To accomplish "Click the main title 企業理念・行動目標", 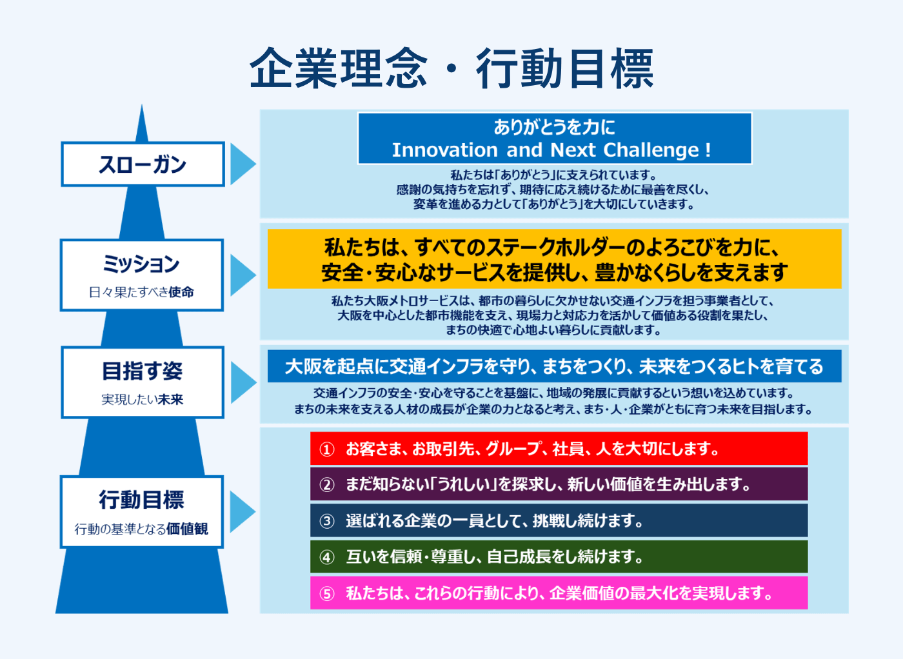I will pyautogui.click(x=451, y=68).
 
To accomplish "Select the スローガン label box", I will pyautogui.click(x=143, y=164).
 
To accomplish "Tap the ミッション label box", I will pyautogui.click(x=142, y=275).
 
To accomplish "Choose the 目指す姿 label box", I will pyautogui.click(x=143, y=382).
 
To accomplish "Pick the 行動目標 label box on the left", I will pyautogui.click(x=142, y=512).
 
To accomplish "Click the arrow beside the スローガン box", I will pyautogui.click(x=242, y=164).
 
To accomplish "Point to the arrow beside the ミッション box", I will pyautogui.click(x=242, y=275).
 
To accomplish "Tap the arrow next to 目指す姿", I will pyautogui.click(x=242, y=382).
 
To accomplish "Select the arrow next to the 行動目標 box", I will pyautogui.click(x=242, y=512).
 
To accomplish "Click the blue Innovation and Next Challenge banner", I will pyautogui.click(x=555, y=138).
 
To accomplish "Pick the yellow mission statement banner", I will pyautogui.click(x=555, y=259).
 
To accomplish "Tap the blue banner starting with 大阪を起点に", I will pyautogui.click(x=555, y=366).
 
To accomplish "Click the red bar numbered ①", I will pyautogui.click(x=559, y=449).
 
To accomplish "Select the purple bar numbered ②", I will pyautogui.click(x=559, y=484).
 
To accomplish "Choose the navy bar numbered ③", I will pyautogui.click(x=559, y=520).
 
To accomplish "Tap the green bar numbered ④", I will pyautogui.click(x=559, y=556).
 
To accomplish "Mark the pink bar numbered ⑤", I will pyautogui.click(x=559, y=593).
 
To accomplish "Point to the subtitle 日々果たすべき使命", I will pyautogui.click(x=142, y=292).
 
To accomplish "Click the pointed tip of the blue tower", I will pyautogui.click(x=142, y=108).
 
